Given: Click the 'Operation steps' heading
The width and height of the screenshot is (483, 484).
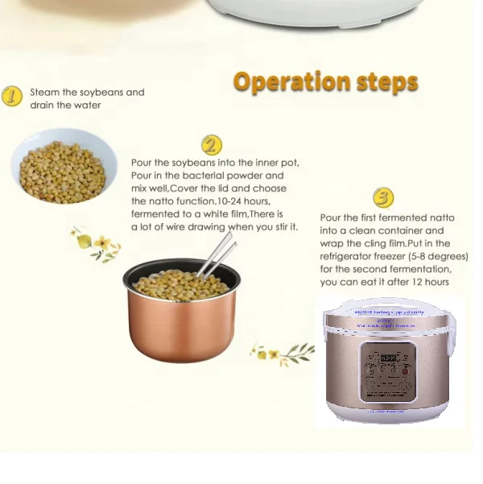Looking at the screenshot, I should [325, 82].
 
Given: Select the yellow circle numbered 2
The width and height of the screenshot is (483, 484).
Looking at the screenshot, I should [211, 145].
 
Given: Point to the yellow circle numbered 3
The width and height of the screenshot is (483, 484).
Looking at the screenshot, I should [383, 197].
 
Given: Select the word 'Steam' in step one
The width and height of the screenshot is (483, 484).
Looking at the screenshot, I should [44, 93].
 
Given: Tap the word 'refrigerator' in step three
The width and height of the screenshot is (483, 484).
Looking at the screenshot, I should [349, 256].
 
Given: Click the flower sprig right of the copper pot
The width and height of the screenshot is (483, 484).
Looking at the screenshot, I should [282, 352].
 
